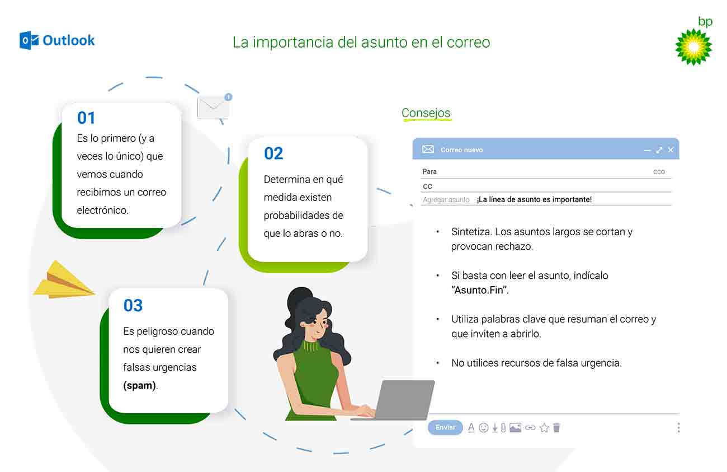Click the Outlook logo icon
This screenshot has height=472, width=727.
click(x=29, y=41)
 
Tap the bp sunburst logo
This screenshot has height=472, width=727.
click(x=693, y=47)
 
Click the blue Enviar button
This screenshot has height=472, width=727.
click(x=445, y=427)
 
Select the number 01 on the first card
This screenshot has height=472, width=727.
click(x=86, y=118)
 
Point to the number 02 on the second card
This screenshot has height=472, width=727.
click(x=273, y=153)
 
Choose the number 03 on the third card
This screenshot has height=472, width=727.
click(x=133, y=305)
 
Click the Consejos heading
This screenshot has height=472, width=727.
click(x=426, y=113)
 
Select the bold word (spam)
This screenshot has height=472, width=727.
click(x=140, y=386)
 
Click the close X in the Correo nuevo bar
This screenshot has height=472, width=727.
click(x=671, y=149)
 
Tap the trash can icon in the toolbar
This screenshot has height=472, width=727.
click(x=556, y=428)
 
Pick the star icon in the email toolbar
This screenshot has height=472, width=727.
click(x=544, y=428)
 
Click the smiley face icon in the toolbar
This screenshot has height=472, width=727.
click(x=483, y=428)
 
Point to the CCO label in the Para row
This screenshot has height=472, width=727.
click(x=659, y=172)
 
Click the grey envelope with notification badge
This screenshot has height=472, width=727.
click(x=214, y=106)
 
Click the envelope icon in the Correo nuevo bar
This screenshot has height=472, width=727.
click(x=428, y=149)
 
